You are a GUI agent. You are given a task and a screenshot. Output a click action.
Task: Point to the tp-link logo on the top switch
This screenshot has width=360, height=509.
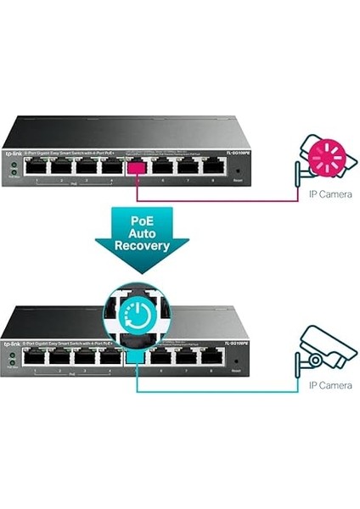[14, 153]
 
